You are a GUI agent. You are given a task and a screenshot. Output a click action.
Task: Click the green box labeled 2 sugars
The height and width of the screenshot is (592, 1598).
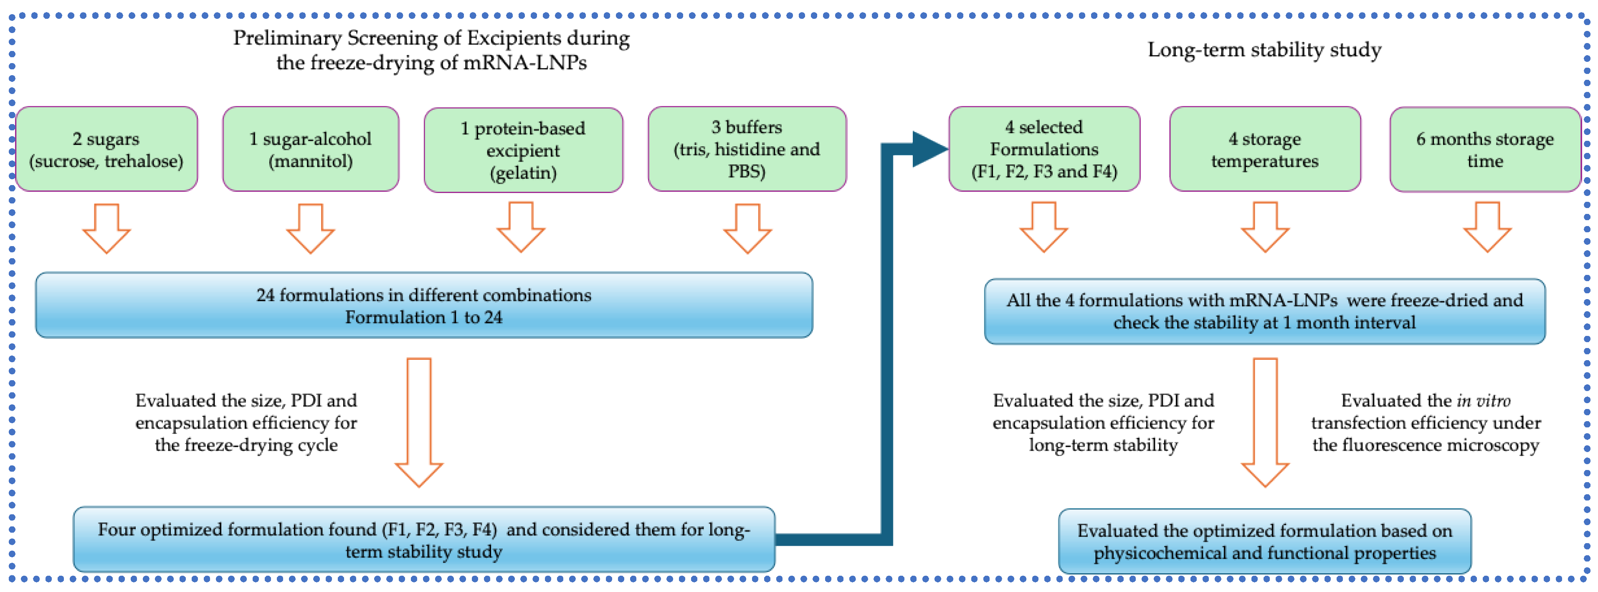tap(106, 149)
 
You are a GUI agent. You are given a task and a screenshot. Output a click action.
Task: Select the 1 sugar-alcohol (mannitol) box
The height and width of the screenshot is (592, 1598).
tap(310, 149)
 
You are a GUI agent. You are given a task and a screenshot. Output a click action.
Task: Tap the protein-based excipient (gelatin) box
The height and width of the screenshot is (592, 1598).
tap(523, 150)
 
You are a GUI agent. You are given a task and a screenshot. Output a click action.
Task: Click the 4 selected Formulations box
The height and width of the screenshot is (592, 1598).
tap(1044, 149)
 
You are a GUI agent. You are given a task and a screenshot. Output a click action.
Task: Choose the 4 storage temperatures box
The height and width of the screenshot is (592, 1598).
tap(1264, 149)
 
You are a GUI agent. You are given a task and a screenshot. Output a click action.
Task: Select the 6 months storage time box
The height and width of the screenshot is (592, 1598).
tap(1484, 149)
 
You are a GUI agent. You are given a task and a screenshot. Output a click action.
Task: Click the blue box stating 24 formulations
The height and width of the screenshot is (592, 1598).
tap(424, 305)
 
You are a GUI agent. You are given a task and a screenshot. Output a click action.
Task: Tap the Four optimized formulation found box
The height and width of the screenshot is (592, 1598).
tap(424, 539)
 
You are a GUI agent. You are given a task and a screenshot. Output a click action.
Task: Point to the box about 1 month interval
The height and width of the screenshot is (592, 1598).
tap(1264, 311)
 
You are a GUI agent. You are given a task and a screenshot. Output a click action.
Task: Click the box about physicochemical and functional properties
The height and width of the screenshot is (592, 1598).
tap(1264, 541)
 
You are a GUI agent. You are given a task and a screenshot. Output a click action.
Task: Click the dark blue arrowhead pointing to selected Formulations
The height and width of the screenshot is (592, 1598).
tap(929, 149)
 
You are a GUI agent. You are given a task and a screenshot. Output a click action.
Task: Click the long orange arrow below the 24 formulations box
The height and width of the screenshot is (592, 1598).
tap(419, 422)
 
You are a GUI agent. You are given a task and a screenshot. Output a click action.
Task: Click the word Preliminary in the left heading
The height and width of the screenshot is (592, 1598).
tap(287, 38)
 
